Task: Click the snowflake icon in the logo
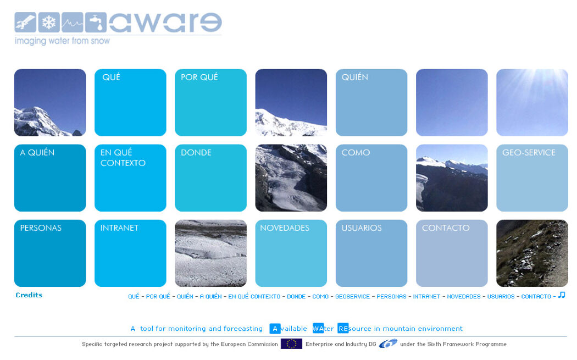click(x=49, y=23)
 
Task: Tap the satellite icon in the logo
click(x=25, y=23)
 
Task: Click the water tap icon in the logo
click(x=96, y=23)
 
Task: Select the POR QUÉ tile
click(x=210, y=102)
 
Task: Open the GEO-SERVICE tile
click(x=532, y=178)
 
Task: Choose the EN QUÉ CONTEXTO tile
click(x=130, y=178)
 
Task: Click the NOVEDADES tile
click(x=291, y=253)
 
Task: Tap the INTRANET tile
click(x=130, y=253)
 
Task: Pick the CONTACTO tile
click(x=452, y=253)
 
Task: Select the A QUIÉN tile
click(x=50, y=178)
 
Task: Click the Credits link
click(x=29, y=295)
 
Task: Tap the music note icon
click(x=562, y=295)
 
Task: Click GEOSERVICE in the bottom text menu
click(x=353, y=296)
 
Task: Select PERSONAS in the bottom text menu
click(x=391, y=296)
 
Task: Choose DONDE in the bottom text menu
click(x=296, y=296)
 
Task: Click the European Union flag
click(x=291, y=344)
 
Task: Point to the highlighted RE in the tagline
click(x=343, y=328)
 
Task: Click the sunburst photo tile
click(x=532, y=102)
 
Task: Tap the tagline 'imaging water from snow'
click(x=62, y=41)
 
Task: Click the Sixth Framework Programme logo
click(x=388, y=344)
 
